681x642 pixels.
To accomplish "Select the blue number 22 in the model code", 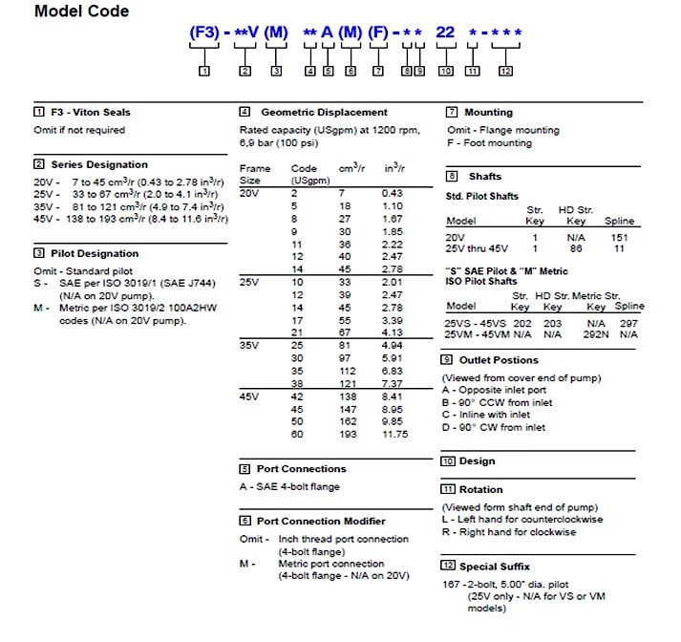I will (444, 32).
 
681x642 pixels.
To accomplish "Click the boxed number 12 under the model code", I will (505, 71).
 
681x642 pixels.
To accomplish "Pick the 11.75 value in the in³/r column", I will (395, 434).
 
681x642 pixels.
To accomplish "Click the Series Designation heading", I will (99, 164).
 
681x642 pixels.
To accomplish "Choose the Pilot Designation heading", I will (95, 253).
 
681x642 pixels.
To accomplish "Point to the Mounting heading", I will (488, 112).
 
